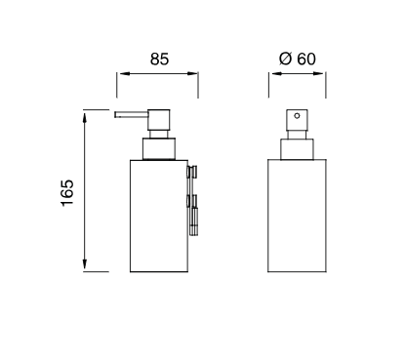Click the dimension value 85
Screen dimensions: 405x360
tap(159, 60)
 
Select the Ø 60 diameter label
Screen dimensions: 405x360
tap(298, 59)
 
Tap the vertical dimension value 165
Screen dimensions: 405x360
tap(67, 192)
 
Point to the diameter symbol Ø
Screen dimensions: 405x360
tap(285, 59)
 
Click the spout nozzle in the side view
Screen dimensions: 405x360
tap(131, 114)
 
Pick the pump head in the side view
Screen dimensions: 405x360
tap(159, 120)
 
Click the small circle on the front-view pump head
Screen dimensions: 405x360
tap(297, 115)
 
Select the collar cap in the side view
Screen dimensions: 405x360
tap(159, 149)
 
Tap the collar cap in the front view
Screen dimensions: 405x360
tap(297, 149)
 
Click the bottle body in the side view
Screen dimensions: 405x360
tap(159, 216)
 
